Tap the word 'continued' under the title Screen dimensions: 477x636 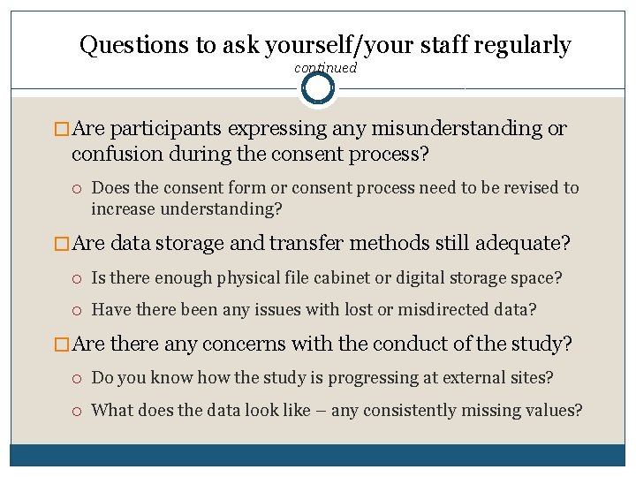[x=325, y=68]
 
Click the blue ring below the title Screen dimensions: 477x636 [x=318, y=88]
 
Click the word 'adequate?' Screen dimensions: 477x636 [x=524, y=243]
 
